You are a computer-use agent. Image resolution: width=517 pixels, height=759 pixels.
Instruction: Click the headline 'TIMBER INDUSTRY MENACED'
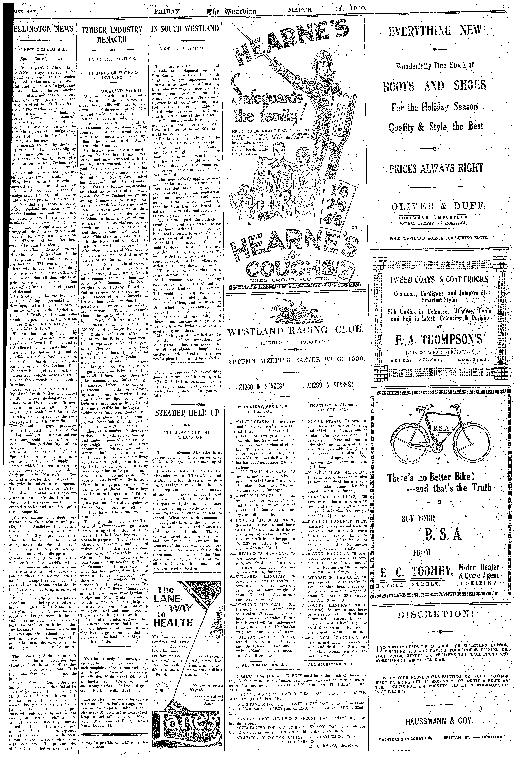[x=112, y=35]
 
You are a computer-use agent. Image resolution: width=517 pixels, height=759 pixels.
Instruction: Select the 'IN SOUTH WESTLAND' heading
[x=185, y=28]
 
